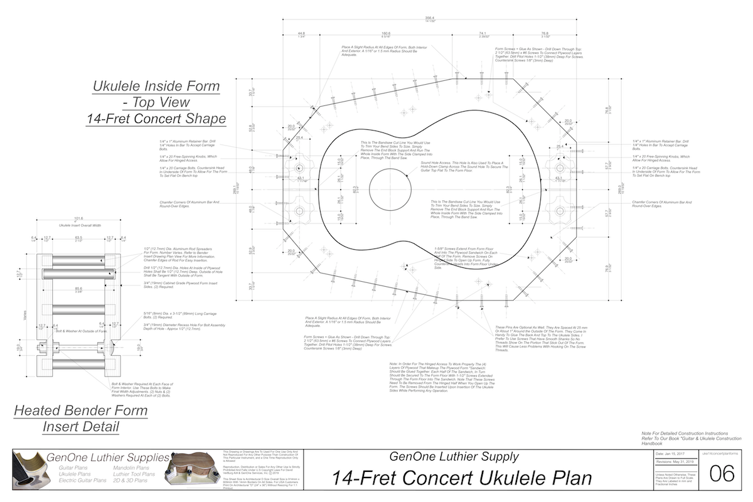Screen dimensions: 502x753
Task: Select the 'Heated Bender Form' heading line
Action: pyautogui.click(x=81, y=411)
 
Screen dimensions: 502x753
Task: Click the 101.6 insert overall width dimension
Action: pyautogui.click(x=78, y=219)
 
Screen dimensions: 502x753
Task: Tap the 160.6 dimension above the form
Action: pyautogui.click(x=385, y=33)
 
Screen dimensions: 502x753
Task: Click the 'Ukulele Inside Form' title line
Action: pyautogui.click(x=156, y=86)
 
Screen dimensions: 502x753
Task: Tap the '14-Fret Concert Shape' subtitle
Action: pyautogui.click(x=156, y=118)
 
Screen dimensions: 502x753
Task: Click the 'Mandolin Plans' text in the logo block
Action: pyautogui.click(x=131, y=468)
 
